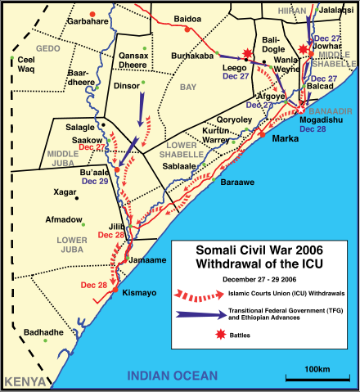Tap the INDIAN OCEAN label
tap(173, 376)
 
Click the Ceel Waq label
tap(29, 65)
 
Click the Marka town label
tap(284, 138)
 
